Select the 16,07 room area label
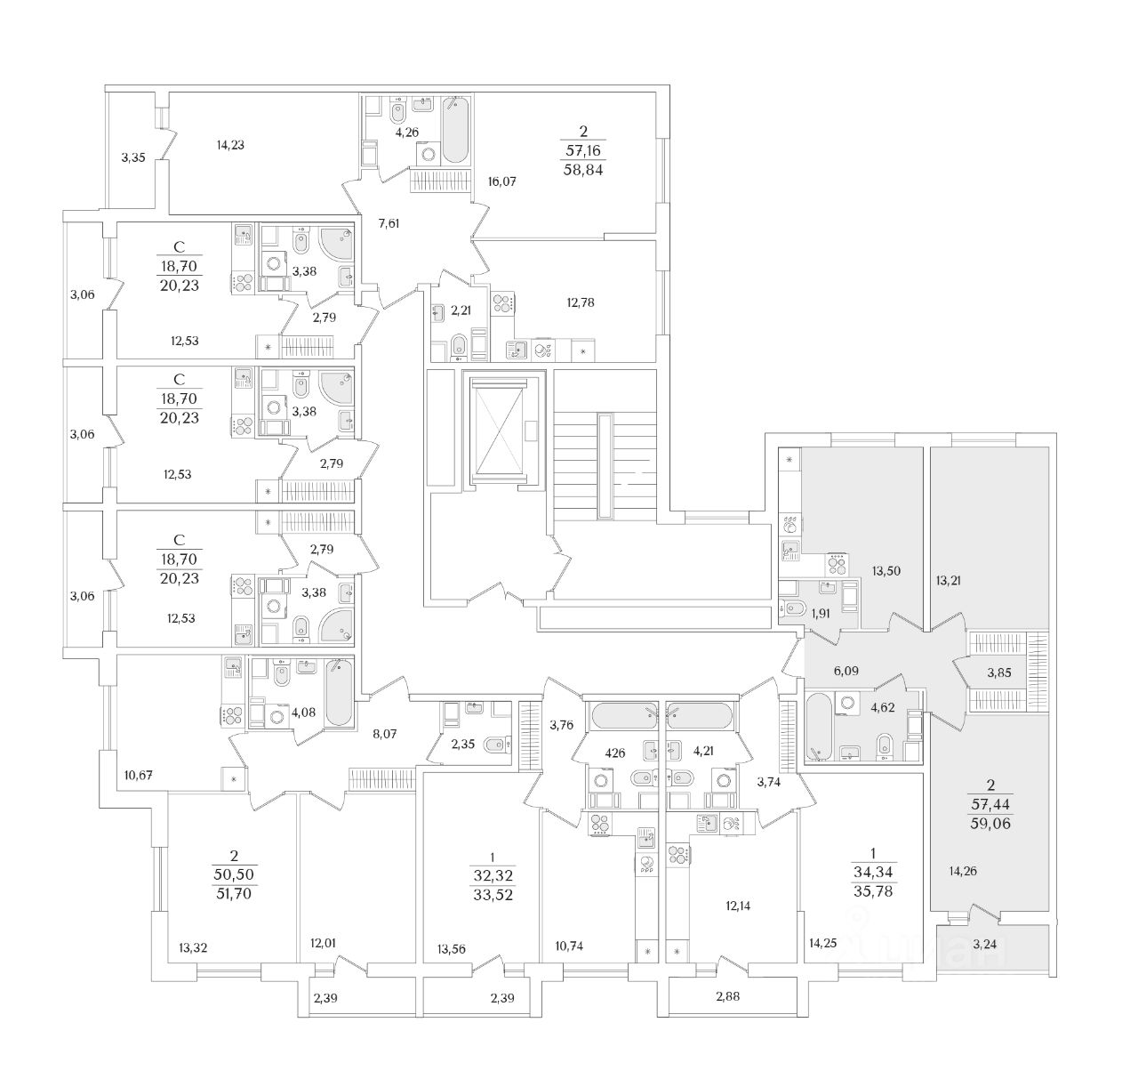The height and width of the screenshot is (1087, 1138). pos(501,181)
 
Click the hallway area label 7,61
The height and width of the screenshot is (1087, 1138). pos(389,223)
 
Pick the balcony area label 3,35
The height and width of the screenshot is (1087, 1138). pos(133,158)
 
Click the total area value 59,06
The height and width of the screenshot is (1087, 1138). pos(990,824)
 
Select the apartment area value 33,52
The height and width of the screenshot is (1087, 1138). pos(493,895)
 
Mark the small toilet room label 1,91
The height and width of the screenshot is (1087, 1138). pos(822,613)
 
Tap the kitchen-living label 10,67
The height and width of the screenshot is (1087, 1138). pos(139,775)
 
